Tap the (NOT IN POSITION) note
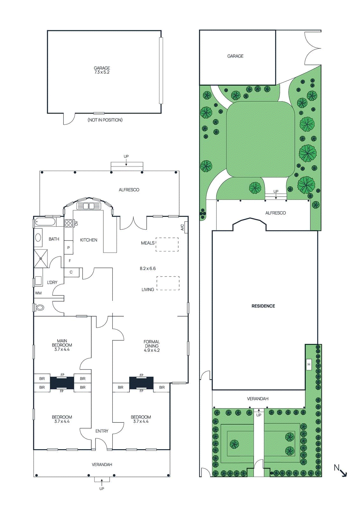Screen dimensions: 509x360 coord(105,120)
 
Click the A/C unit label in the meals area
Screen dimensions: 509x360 coord(182,227)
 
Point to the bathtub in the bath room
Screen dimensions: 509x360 coord(45,222)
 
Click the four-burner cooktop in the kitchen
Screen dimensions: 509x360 coord(68,223)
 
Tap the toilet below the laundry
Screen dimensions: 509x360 coord(40,308)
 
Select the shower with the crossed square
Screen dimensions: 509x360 coord(41,259)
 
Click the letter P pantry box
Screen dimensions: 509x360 coord(68,248)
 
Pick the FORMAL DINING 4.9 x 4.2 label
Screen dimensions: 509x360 coord(152,346)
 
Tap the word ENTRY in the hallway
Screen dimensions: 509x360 coord(102,431)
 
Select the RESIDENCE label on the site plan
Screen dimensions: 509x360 coord(263,306)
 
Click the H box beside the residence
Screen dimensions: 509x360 coord(308,364)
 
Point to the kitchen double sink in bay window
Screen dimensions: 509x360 coord(89,206)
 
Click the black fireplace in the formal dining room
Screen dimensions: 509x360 coord(141,383)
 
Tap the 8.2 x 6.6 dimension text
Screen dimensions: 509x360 coord(148,268)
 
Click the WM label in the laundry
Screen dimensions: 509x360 coord(38,293)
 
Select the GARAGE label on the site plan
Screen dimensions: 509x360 coord(235,56)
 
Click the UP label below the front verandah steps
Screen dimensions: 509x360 coord(102,489)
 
